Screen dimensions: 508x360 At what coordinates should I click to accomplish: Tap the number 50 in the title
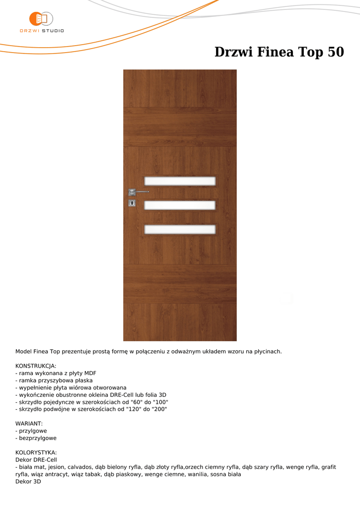pos(336,52)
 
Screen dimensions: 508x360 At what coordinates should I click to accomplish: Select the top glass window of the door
pos(180,181)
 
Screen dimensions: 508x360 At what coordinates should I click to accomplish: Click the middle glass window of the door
pos(180,205)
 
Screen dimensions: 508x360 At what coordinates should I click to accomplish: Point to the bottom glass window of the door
pos(180,229)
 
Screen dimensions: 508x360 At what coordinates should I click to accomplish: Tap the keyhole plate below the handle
pos(132,203)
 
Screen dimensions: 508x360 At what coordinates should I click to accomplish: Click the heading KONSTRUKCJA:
pos(36,366)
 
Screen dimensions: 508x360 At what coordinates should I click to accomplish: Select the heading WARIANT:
pos(29,424)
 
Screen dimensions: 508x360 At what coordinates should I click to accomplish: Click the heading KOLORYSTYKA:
pos(36,452)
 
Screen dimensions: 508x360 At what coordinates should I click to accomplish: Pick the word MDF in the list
pos(90,373)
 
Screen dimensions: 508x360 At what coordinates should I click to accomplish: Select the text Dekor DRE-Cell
pos(36,460)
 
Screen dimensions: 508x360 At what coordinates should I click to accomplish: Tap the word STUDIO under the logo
pos(53,31)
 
